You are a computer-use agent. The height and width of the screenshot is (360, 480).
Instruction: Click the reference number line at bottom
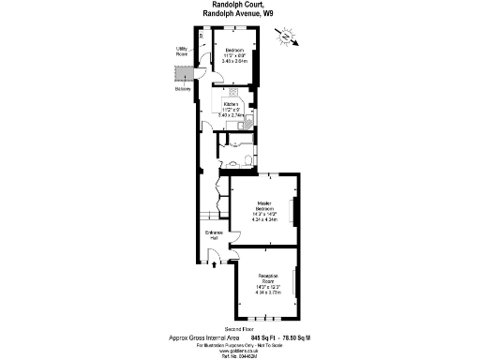(240, 356)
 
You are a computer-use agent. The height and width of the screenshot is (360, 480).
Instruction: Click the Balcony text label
(181, 90)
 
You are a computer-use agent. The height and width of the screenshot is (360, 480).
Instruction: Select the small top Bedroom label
(233, 49)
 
